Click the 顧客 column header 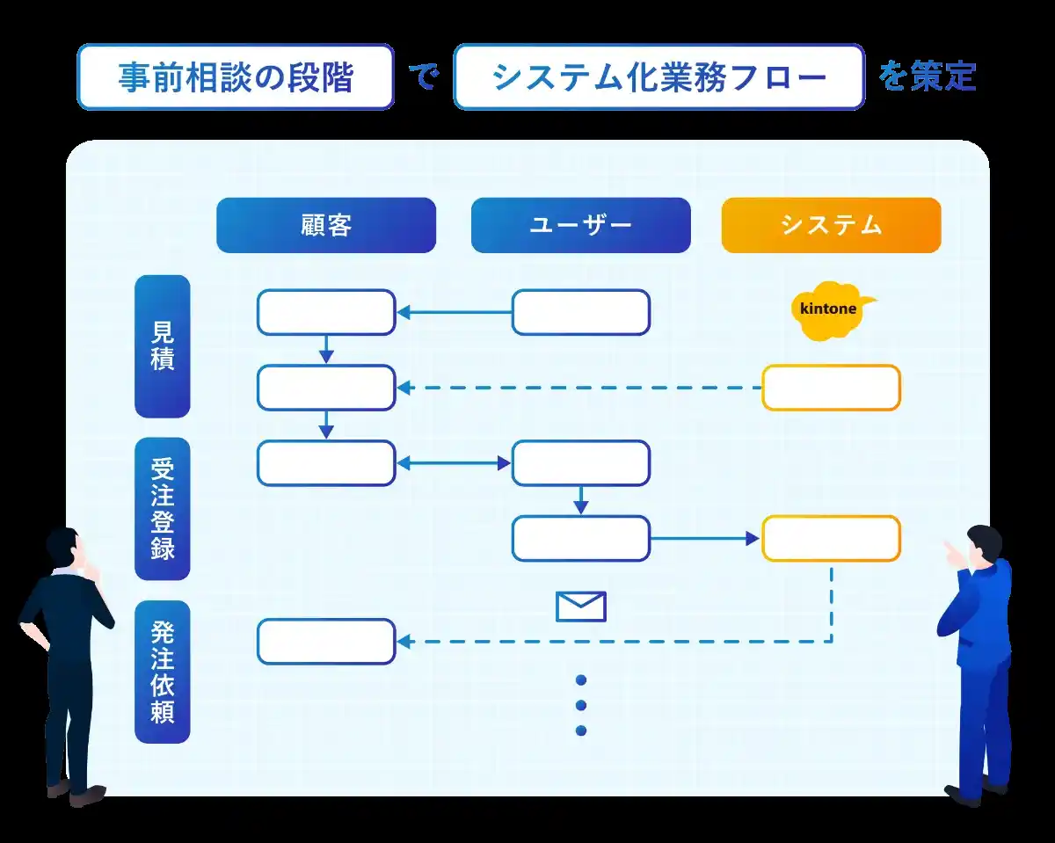tap(326, 225)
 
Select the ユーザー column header tap(580, 225)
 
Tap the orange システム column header tap(831, 225)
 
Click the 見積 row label tap(163, 346)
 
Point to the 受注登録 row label tap(163, 508)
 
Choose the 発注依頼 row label tap(163, 671)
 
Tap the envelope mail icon tap(581, 607)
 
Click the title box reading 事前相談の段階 tap(236, 77)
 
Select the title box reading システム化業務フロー tap(659, 77)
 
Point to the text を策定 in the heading tap(928, 77)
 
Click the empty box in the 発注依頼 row tap(326, 642)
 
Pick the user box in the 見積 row tap(581, 312)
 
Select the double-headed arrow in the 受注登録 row tap(454, 463)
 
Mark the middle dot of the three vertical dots tap(581, 705)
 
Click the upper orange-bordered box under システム tap(831, 388)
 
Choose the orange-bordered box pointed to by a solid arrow tap(831, 539)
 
